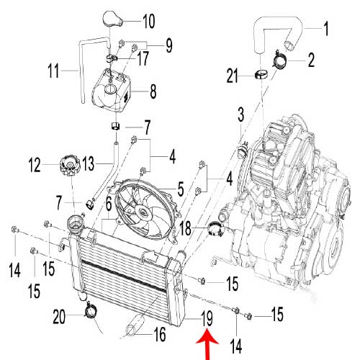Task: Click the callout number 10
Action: click(x=149, y=21)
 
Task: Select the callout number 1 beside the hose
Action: click(x=325, y=29)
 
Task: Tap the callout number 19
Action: click(x=207, y=318)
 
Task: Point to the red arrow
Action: click(x=207, y=346)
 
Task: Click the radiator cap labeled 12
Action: click(x=69, y=166)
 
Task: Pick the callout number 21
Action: click(x=233, y=76)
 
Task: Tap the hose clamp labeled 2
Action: click(x=279, y=60)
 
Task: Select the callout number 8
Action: click(x=153, y=91)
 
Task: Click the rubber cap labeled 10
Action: click(x=113, y=19)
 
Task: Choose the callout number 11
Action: click(x=53, y=71)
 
